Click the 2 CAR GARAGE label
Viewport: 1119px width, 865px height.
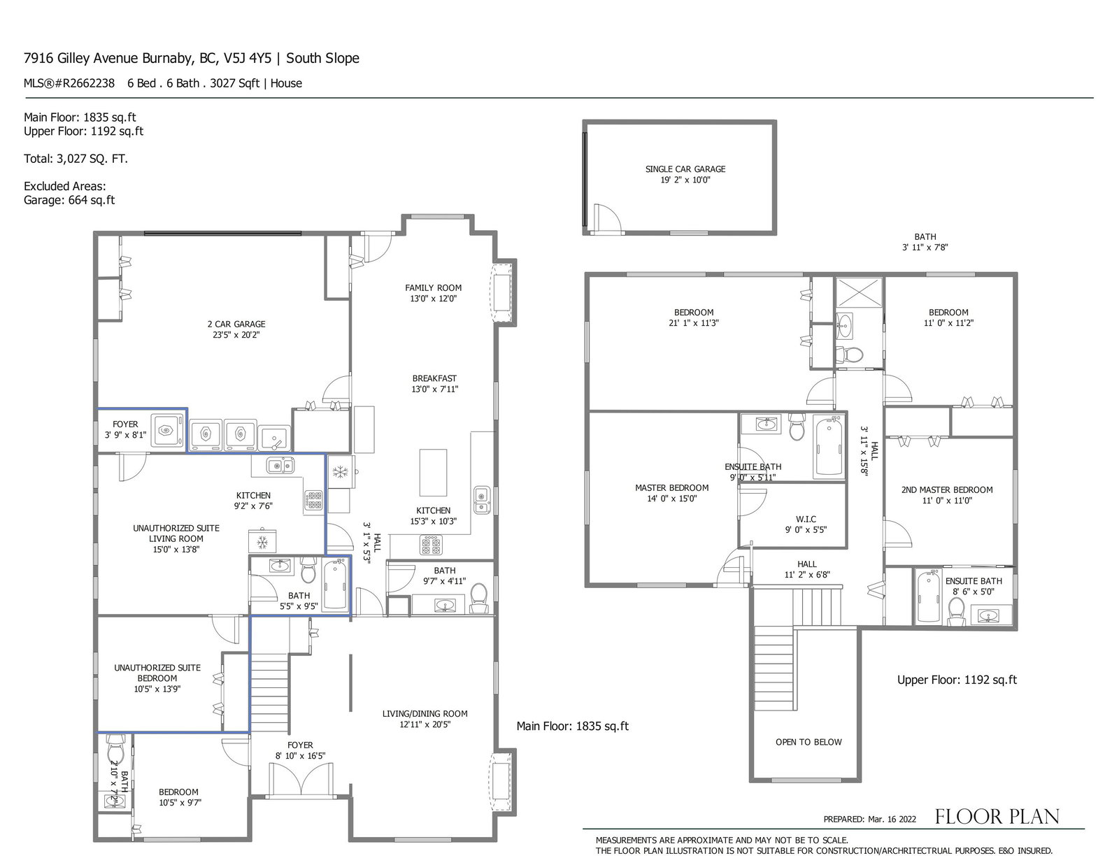pos(236,324)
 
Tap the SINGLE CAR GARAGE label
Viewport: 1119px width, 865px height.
pos(685,169)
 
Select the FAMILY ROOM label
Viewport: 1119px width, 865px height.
pos(433,288)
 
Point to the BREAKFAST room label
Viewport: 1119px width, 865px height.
pos(434,378)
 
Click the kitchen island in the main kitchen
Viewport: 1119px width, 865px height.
pos(433,473)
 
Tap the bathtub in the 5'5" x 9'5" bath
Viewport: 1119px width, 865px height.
pos(335,586)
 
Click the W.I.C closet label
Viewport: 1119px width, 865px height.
pos(806,519)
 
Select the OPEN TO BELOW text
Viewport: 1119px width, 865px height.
pos(808,742)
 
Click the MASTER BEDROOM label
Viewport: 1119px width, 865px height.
pos(671,487)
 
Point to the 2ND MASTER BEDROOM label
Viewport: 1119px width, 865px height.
pos(947,489)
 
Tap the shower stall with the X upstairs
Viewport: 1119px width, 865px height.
pos(858,292)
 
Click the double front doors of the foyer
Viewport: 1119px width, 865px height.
pos(300,780)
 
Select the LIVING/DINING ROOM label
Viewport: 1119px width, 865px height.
pos(425,714)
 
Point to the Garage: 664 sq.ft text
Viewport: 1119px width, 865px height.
pos(69,200)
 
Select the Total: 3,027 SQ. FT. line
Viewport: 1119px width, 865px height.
pos(76,159)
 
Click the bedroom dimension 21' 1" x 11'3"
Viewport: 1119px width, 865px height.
pos(694,323)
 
